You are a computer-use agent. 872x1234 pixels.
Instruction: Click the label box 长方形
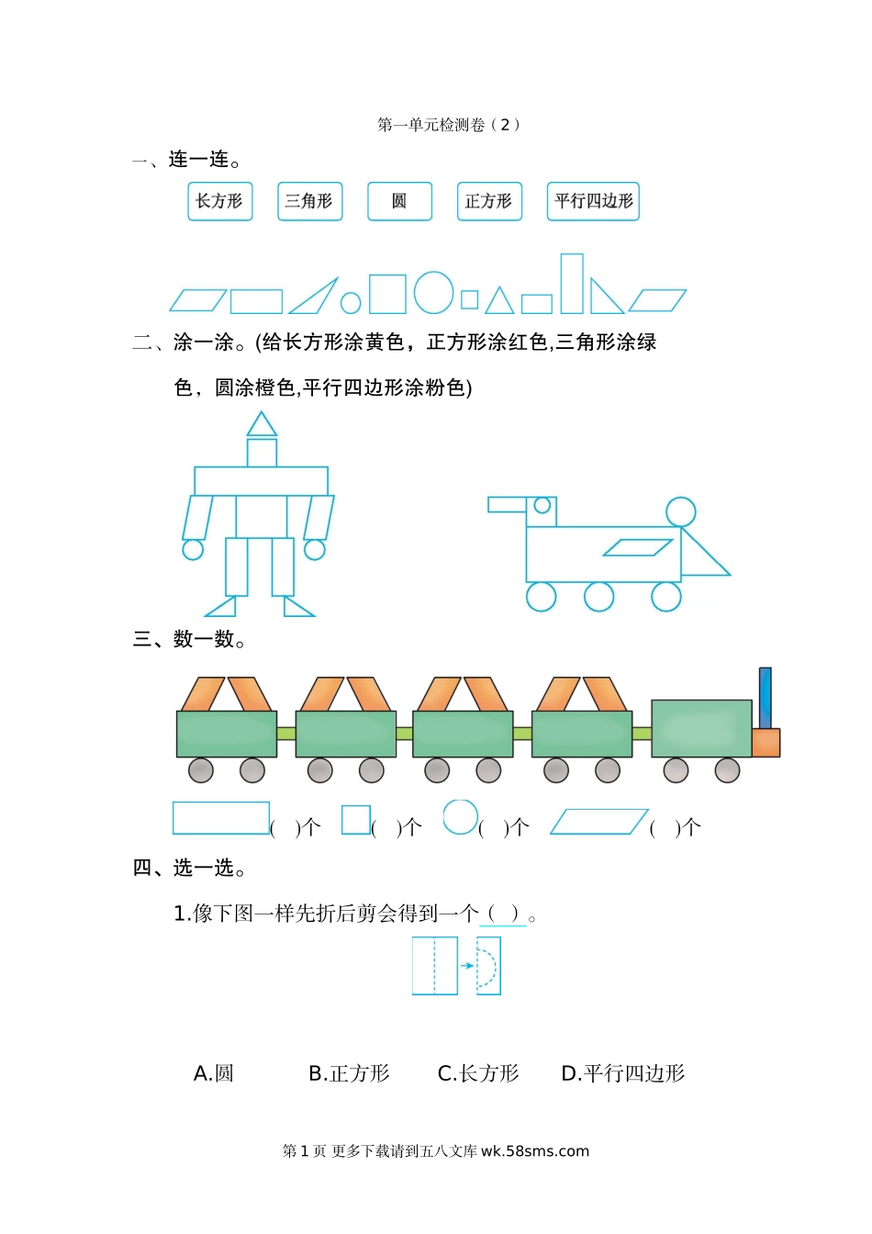coord(219,201)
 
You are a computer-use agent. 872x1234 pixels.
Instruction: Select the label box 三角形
coord(309,201)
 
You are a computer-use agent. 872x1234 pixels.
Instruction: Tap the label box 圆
coord(399,201)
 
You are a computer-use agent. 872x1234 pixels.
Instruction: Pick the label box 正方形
coord(489,201)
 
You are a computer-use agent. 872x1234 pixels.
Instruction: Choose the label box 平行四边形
coord(593,201)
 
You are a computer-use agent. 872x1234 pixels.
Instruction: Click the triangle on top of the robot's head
coord(262,426)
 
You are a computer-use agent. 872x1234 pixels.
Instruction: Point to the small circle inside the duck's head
coord(542,505)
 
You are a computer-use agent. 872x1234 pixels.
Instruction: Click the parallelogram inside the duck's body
coord(638,547)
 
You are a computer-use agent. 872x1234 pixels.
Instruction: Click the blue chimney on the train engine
coord(765,698)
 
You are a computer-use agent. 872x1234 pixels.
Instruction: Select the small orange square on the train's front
coord(766,743)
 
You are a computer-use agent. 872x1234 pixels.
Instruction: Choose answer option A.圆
coord(214,1073)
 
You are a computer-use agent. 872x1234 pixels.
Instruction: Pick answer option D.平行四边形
coord(623,1073)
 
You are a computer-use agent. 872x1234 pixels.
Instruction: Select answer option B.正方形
coord(349,1073)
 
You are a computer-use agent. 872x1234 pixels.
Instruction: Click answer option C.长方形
coord(478,1073)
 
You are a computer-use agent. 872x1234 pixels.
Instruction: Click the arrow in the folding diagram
coord(467,966)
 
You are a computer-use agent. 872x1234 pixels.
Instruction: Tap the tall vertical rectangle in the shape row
coord(572,284)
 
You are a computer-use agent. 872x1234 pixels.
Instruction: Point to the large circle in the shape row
coord(433,293)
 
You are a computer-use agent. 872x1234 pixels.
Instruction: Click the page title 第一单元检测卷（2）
coord(448,125)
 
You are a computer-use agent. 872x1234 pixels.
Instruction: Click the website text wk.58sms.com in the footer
coord(535,1151)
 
